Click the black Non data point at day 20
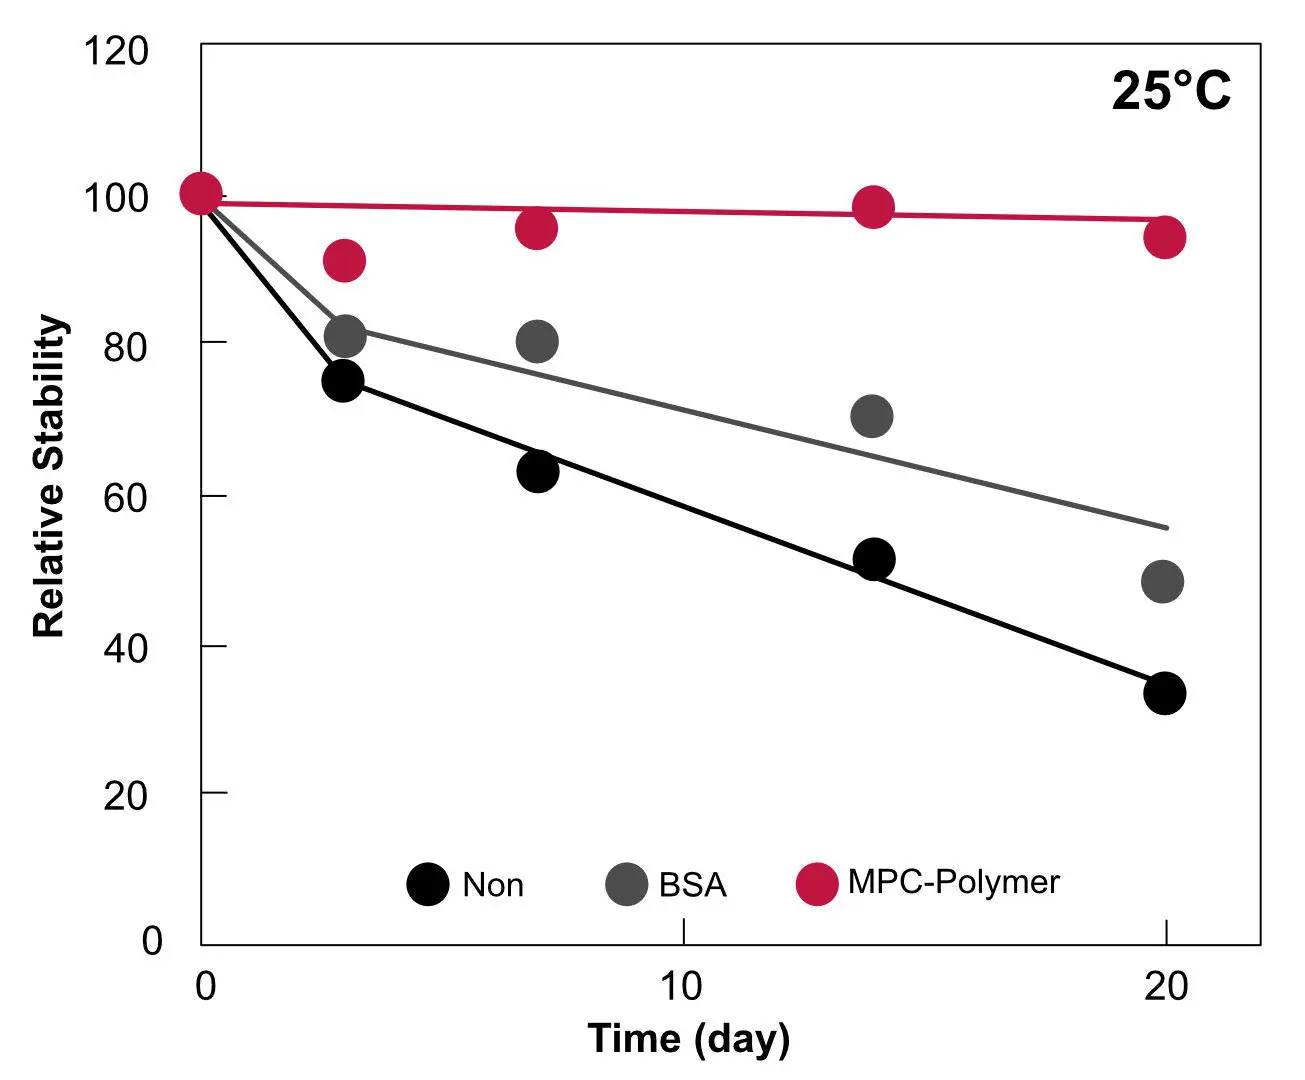[x=1164, y=693]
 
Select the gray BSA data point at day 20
[x=1162, y=581]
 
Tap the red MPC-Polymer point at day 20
[x=1164, y=238]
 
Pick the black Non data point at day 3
[x=343, y=381]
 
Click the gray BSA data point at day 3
[x=345, y=336]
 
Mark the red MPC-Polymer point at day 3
[x=344, y=261]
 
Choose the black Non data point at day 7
[x=538, y=471]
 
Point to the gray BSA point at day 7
[x=537, y=342]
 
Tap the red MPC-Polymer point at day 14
[x=873, y=207]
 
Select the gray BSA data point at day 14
[x=871, y=416]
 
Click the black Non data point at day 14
[x=874, y=559]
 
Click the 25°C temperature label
[x=1171, y=91]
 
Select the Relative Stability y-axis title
[x=49, y=476]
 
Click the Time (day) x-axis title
[x=688, y=1039]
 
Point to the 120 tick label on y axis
[x=115, y=51]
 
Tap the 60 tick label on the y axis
[x=125, y=497]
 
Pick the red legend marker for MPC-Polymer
[x=817, y=884]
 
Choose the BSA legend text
[x=692, y=885]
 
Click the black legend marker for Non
[x=428, y=884]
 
